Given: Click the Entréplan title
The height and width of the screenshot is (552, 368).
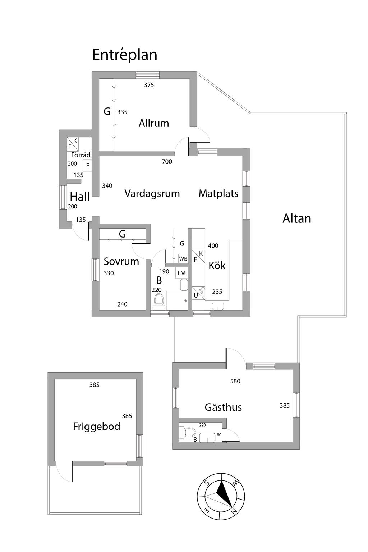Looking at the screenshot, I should click(125, 55).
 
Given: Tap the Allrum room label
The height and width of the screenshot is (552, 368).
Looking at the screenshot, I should click(154, 123).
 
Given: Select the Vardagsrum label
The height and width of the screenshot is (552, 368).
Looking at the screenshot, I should click(152, 194).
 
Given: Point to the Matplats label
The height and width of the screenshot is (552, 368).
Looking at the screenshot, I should click(218, 194).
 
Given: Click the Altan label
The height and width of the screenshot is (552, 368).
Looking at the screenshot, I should click(296, 218).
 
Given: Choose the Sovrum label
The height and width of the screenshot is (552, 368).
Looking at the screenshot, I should click(121, 261).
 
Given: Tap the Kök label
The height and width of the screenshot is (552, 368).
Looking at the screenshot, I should click(217, 266).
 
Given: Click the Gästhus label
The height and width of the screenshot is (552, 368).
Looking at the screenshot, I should click(223, 407).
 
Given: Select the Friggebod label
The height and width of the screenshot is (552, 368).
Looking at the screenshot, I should click(96, 427).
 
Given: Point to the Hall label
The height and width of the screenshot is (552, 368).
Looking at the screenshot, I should click(79, 197).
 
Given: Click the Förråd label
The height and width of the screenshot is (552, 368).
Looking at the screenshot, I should click(80, 155).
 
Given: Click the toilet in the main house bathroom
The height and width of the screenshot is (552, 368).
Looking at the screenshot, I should click(158, 301).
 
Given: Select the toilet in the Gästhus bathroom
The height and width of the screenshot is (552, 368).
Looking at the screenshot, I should click(187, 432).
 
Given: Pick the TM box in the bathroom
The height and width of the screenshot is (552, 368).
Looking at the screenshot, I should click(181, 273).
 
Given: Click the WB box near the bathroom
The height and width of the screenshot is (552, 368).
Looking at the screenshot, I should click(183, 259).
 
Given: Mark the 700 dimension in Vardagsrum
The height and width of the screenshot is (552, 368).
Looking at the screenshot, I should click(167, 162).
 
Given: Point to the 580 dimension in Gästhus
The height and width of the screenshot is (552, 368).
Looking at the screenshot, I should click(235, 381).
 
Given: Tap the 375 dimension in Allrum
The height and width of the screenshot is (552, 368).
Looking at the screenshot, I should click(149, 85).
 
